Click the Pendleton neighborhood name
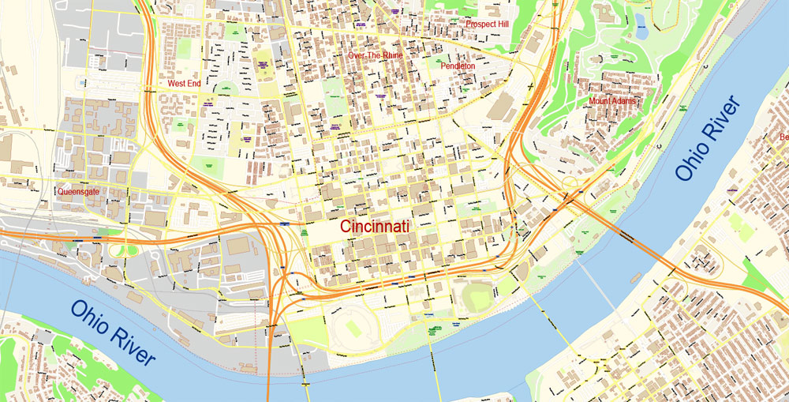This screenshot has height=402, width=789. [x=458, y=66]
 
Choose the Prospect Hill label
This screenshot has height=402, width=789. [x=487, y=24]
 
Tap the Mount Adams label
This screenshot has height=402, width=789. [x=612, y=101]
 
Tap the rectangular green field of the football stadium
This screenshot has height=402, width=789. [x=354, y=328]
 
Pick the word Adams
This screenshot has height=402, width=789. [x=623, y=101]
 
